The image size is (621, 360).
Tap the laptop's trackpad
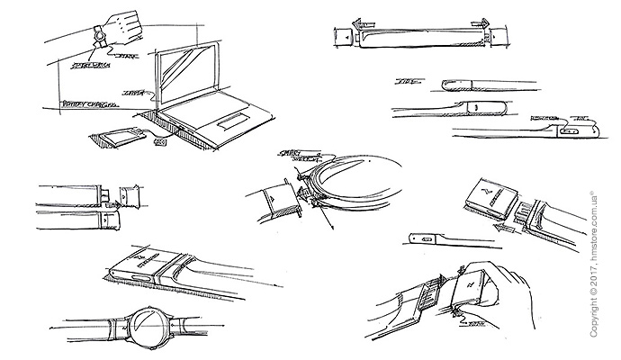tap(231, 121)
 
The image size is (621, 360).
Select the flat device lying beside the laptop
tap(112, 139)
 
